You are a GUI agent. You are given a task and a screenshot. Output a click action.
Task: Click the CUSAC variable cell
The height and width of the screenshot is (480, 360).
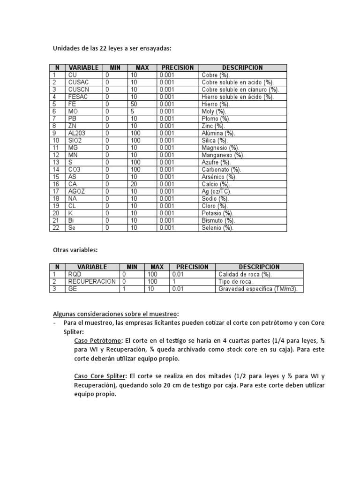(78, 82)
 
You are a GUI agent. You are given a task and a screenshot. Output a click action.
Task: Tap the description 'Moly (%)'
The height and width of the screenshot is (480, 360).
(214, 112)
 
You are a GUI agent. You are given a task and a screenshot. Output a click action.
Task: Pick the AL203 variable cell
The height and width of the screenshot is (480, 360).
(78, 133)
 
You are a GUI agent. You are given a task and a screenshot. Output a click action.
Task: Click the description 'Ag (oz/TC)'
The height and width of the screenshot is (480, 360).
(217, 192)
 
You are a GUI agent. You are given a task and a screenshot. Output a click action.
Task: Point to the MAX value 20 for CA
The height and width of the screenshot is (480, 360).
(134, 184)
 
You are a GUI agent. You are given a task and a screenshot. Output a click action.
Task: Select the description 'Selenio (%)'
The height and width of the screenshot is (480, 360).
(217, 228)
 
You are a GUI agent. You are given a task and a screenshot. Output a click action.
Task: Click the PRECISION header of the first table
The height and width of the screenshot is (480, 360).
(177, 67)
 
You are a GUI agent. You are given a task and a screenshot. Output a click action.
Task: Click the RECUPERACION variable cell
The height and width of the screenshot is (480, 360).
(92, 282)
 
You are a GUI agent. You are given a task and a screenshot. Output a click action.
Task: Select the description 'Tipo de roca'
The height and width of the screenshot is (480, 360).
(235, 282)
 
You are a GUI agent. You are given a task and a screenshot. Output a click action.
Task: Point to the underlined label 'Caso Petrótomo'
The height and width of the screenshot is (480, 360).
(98, 340)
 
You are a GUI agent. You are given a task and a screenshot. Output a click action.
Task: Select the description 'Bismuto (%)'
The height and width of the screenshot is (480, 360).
(218, 221)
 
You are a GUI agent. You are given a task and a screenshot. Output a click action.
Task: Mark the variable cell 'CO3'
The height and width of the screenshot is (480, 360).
(75, 170)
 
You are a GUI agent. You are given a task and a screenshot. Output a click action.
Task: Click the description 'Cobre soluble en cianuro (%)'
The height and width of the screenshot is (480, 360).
(240, 90)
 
